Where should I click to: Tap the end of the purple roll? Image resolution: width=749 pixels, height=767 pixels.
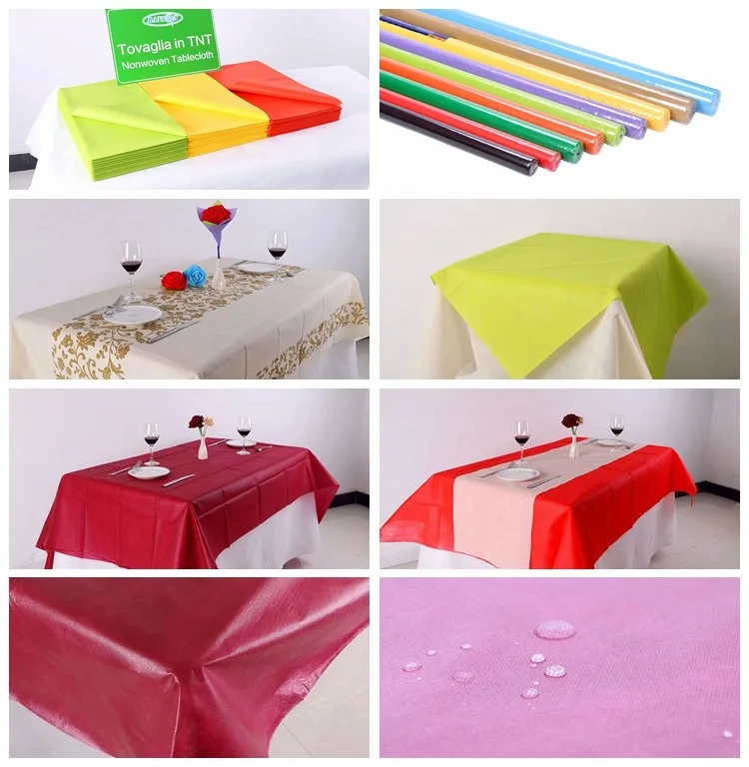[636, 129]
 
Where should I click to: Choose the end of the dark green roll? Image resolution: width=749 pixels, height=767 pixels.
[573, 153]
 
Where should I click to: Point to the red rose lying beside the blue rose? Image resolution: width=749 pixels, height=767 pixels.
[174, 281]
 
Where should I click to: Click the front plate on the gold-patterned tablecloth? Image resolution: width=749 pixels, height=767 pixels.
[131, 314]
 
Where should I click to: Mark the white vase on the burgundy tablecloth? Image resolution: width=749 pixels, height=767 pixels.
[203, 447]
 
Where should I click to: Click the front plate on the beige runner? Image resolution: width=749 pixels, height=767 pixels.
[517, 474]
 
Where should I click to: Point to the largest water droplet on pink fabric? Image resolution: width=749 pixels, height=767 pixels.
[554, 629]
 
